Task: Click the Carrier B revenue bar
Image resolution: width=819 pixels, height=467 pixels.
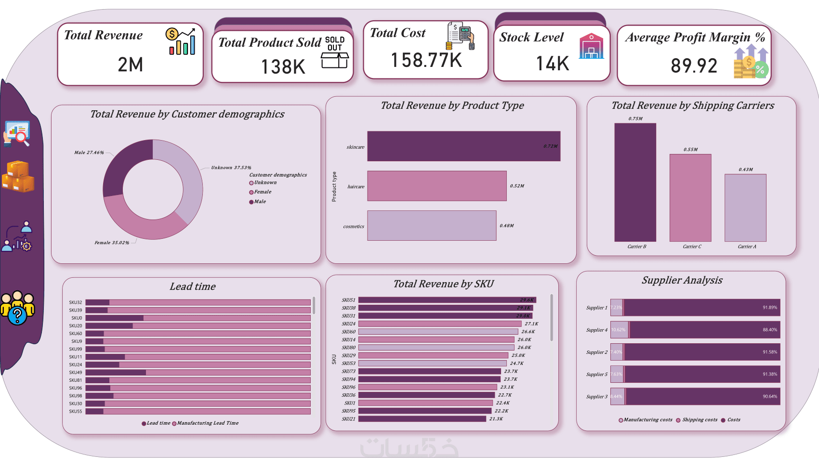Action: pos(635,182)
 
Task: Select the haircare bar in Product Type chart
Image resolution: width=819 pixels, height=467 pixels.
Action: pos(436,186)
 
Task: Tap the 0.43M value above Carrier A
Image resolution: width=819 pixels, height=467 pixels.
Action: pos(745,169)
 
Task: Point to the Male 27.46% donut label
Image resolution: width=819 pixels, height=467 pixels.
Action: pos(89,153)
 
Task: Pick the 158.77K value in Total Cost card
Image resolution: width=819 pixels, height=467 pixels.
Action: pos(426,61)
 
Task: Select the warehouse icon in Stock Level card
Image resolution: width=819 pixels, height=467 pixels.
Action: pos(591,46)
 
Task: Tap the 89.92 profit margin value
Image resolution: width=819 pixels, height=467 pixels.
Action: pos(694,66)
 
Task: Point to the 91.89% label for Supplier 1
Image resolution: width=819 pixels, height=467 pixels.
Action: pos(769,308)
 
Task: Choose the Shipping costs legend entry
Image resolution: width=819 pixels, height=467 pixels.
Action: pos(697,420)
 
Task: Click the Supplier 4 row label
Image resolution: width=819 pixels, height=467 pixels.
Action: pos(596,330)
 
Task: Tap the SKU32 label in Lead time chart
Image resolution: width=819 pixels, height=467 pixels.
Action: pos(76,303)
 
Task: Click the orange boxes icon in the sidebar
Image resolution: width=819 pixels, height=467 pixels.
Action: pos(18,177)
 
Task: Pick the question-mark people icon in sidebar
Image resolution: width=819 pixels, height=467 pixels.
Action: pos(17,308)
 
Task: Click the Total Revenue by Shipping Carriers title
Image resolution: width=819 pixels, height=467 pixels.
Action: pos(692,105)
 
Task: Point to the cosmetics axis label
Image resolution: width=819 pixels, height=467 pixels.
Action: pos(354,226)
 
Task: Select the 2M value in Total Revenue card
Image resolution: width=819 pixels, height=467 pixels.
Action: pos(130,65)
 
